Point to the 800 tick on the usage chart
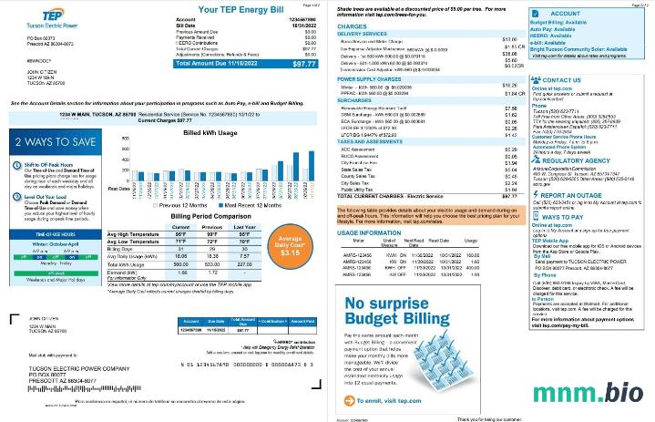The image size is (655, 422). coord(114,146)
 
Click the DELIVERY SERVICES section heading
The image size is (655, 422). coord(363,33)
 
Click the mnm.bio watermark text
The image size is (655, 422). coord(589,393)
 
